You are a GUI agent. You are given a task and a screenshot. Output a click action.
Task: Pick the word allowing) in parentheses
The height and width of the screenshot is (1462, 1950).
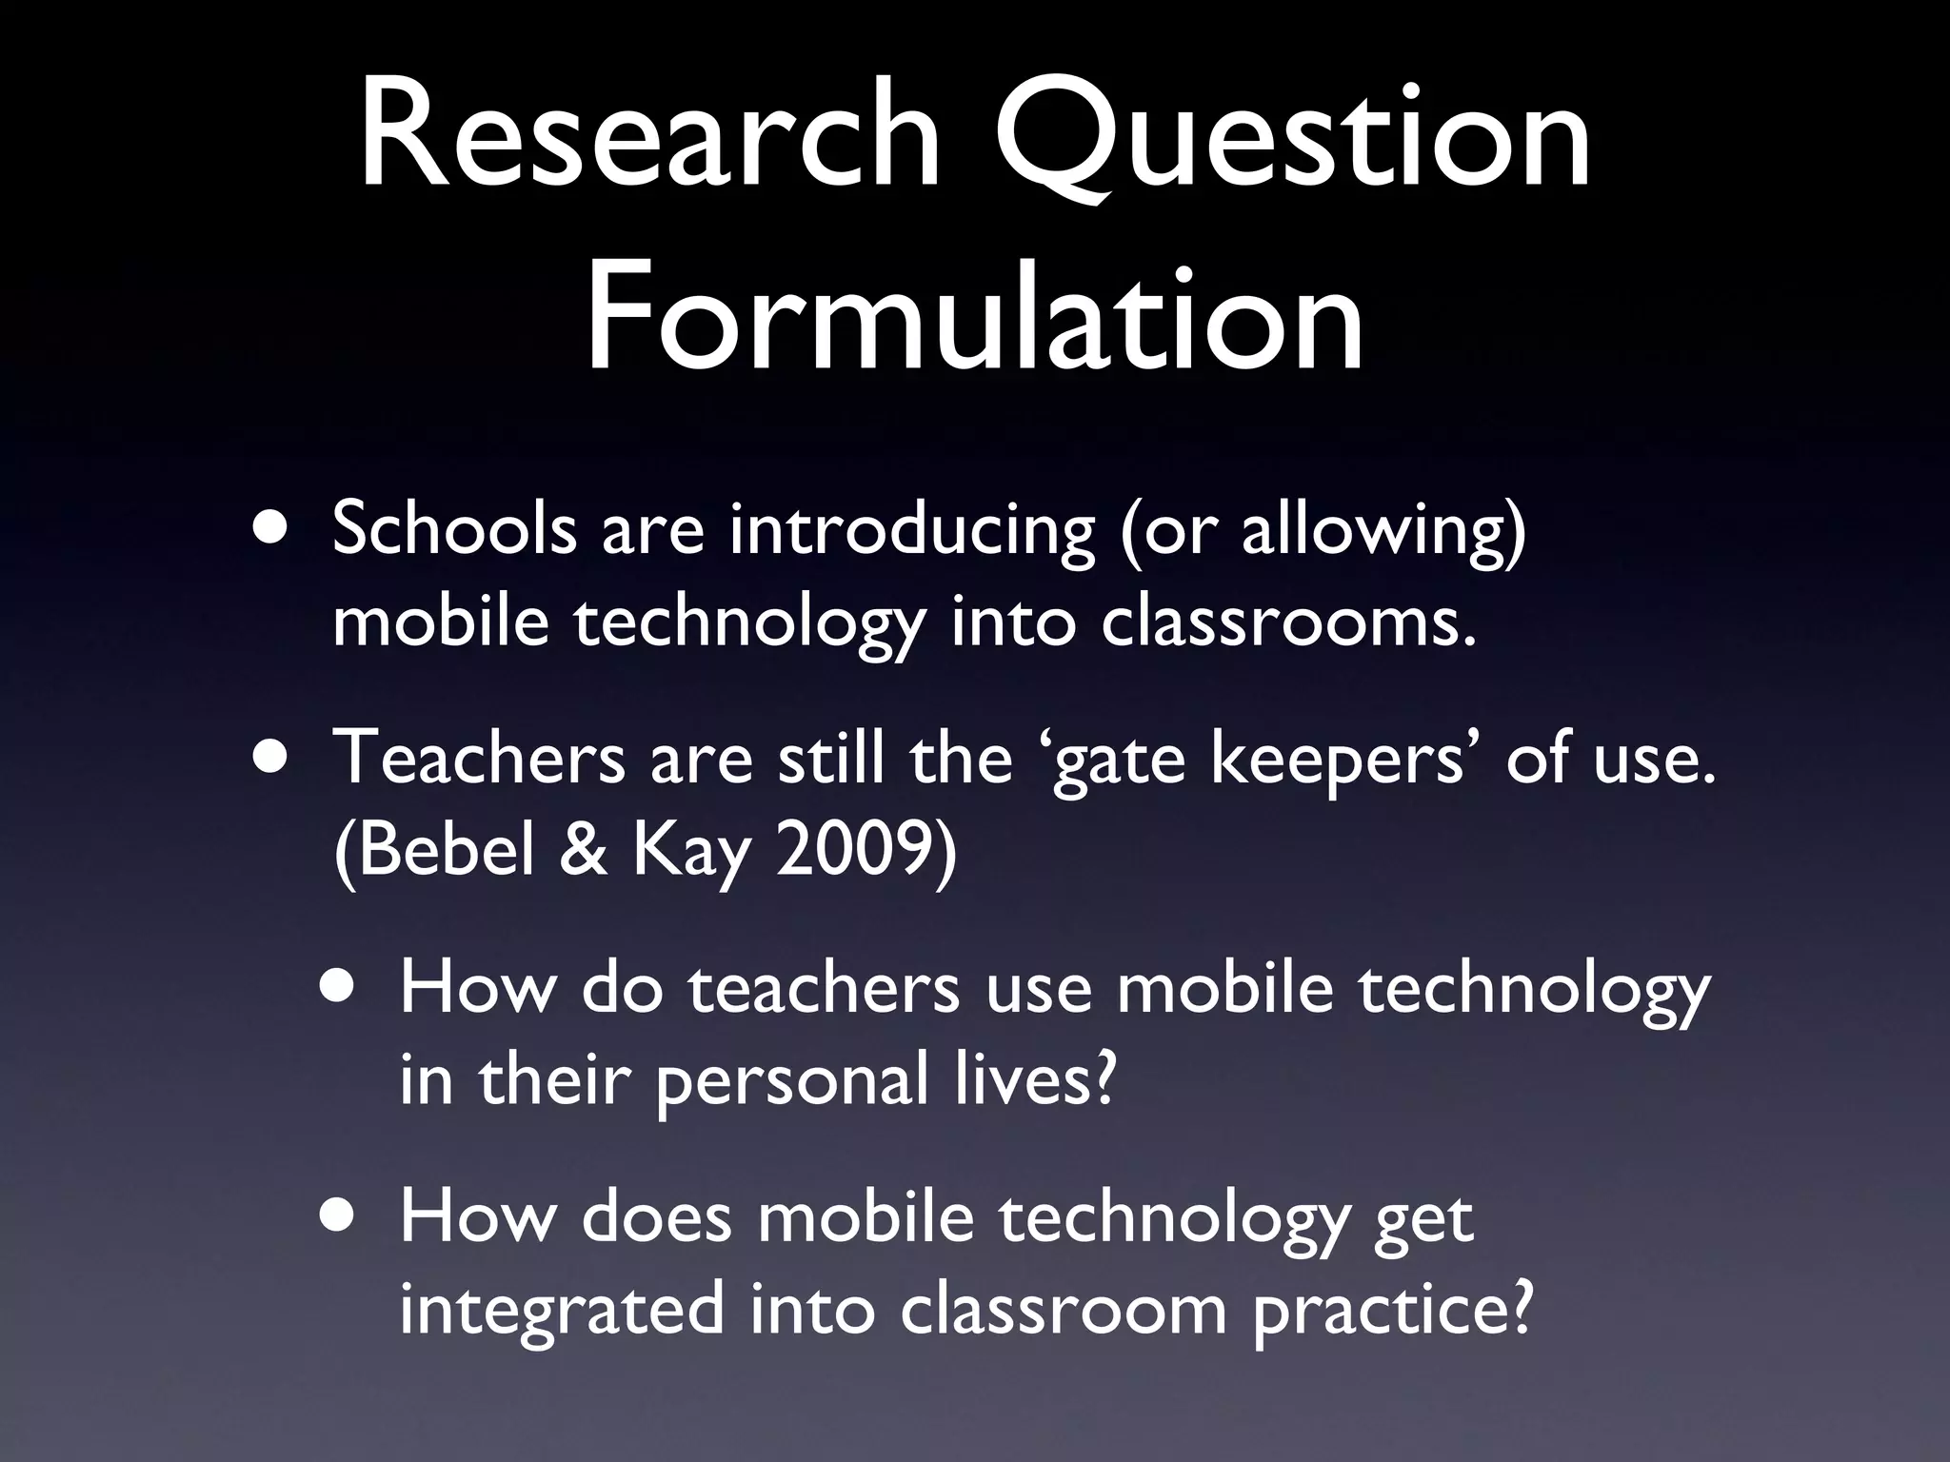click(1383, 530)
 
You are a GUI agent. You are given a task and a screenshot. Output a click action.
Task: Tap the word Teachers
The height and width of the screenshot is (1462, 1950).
click(478, 759)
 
